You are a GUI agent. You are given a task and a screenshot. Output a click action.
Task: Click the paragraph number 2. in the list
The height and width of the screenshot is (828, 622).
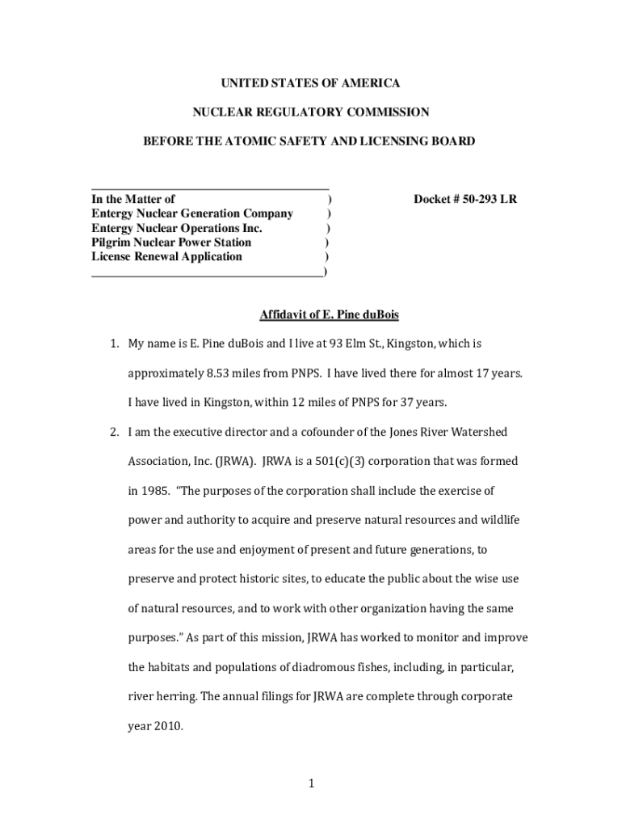[116, 432]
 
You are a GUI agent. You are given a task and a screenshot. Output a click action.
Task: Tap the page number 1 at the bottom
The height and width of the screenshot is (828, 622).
[311, 784]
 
